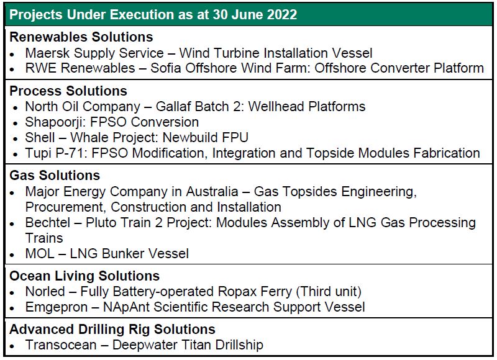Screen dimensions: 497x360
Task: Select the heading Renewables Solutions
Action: point(81,37)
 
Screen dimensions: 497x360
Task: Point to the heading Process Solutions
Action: point(68,91)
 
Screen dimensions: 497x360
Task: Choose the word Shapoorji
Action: point(56,122)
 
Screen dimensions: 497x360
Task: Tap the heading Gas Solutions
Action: point(55,176)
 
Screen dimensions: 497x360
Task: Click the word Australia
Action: point(212,192)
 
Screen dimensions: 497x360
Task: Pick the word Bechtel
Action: point(48,223)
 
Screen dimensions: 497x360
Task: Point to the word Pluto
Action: point(101,223)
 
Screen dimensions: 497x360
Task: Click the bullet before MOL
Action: point(12,254)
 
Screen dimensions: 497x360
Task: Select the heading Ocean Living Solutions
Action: point(84,276)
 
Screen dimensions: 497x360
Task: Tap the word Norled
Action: point(45,292)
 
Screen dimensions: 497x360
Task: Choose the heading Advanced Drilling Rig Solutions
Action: point(112,330)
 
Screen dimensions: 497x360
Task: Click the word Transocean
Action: point(61,345)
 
